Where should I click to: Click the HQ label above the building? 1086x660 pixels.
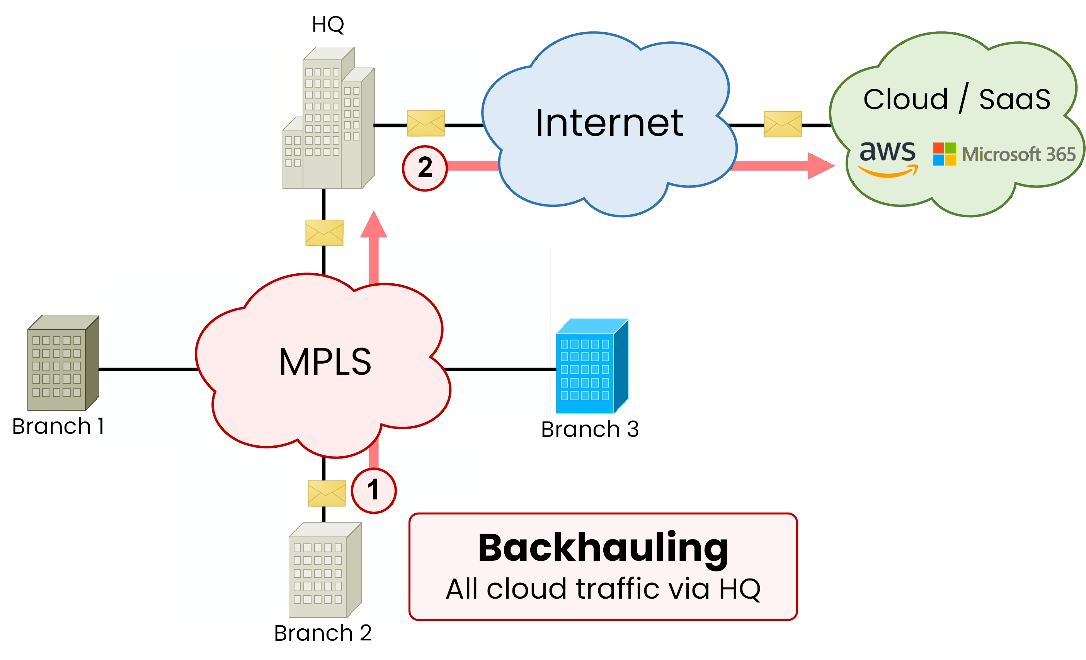[x=327, y=24]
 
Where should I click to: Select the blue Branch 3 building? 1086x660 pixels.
[x=591, y=367]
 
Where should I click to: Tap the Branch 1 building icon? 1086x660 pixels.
[x=63, y=363]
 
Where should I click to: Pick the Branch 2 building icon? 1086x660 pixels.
[x=325, y=570]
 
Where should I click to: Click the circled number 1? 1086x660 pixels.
[x=373, y=491]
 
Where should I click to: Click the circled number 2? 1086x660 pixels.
[x=424, y=168]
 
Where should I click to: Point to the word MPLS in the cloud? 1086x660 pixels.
[x=325, y=362]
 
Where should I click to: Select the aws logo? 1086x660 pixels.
[x=888, y=157]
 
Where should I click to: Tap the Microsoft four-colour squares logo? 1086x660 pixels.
[x=944, y=154]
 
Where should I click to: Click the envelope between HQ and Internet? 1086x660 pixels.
[x=426, y=123]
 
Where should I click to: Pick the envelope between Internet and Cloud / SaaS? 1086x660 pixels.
[x=782, y=124]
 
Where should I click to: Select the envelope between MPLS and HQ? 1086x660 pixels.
[x=324, y=232]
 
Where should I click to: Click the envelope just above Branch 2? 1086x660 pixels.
[x=327, y=493]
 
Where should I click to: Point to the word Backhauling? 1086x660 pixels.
[x=603, y=548]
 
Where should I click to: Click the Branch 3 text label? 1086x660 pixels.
[x=590, y=429]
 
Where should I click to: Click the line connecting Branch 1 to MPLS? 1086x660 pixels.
[x=148, y=369]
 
